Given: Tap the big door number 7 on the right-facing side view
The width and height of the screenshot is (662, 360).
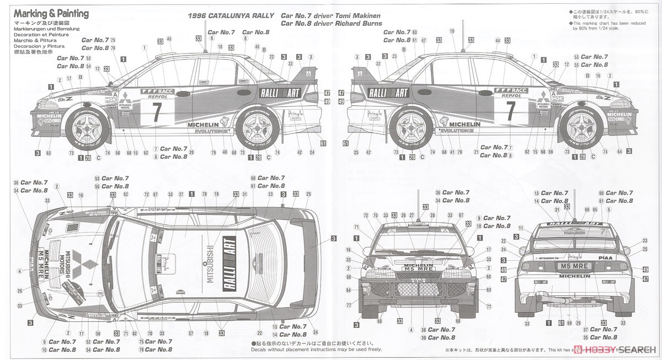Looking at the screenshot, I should (511, 109).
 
